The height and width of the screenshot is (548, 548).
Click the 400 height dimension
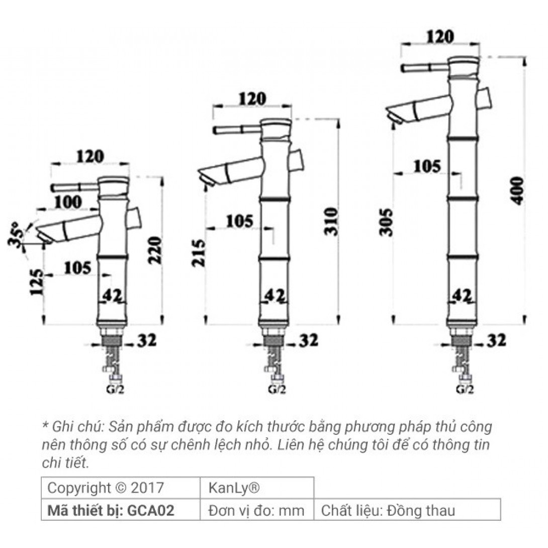[518, 190]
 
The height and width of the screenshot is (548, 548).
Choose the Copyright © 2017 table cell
[106, 488]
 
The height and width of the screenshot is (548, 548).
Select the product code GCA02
[151, 511]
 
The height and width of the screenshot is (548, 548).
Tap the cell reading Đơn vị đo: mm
[256, 511]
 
